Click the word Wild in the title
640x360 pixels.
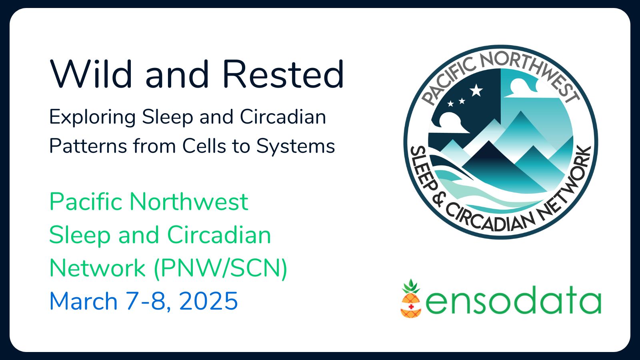pos(91,74)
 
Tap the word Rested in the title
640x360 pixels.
pos(283,74)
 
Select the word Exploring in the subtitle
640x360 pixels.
pos(92,117)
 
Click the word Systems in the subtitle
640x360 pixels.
pos(295,146)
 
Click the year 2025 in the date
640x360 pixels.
pos(208,301)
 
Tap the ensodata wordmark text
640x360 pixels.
pos(513,300)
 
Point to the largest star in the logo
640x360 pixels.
pos(476,90)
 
